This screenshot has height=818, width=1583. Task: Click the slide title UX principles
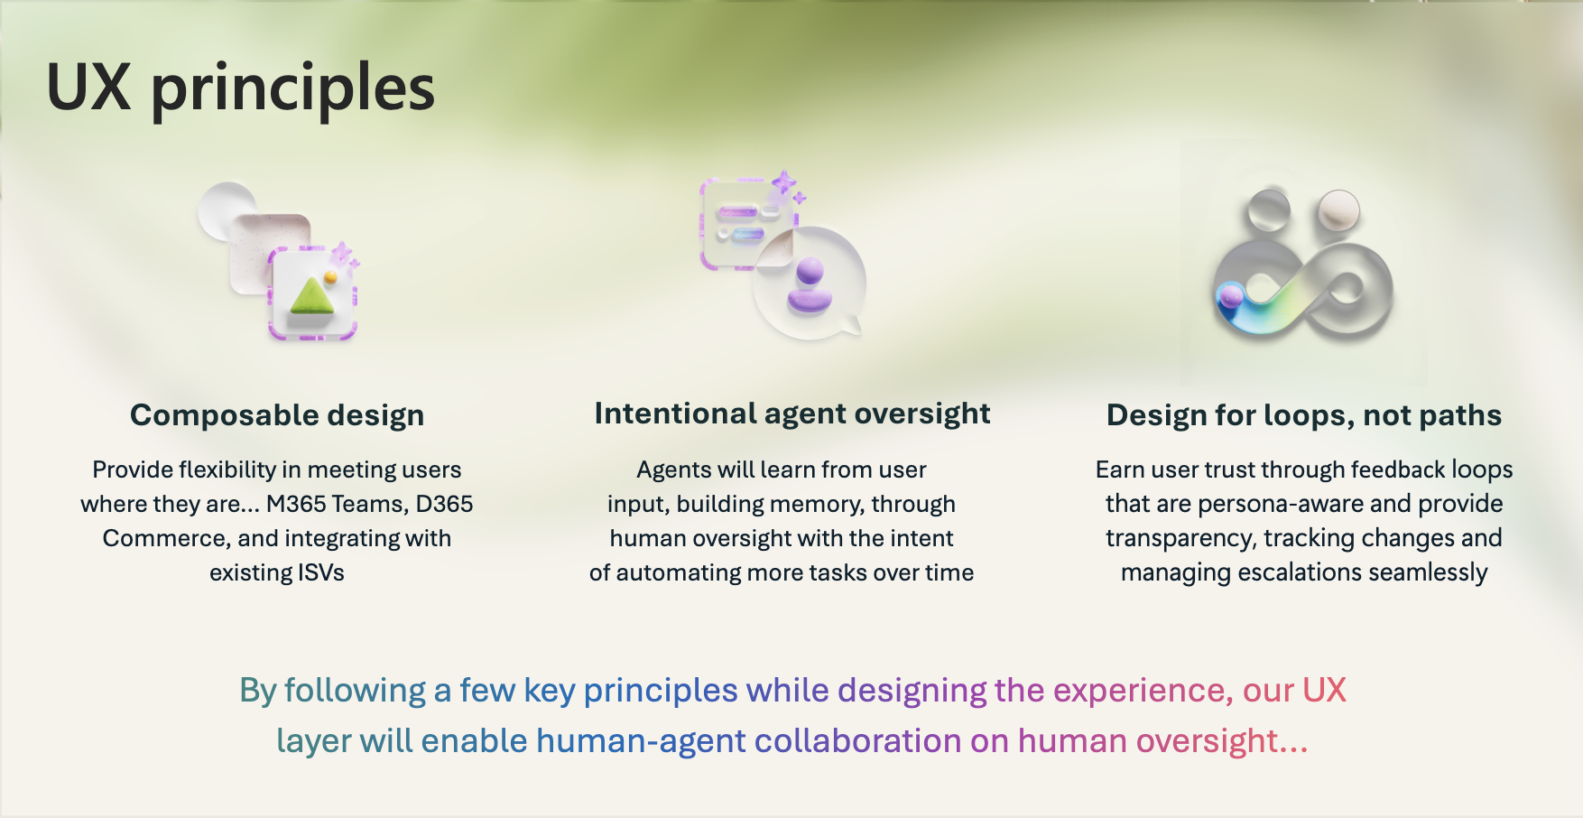click(240, 88)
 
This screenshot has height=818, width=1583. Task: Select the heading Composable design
click(277, 415)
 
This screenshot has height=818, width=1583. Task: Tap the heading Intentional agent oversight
click(792, 414)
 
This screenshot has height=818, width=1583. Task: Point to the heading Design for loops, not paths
click(1304, 415)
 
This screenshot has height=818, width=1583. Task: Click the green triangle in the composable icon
click(312, 296)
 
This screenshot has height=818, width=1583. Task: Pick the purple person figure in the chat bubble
click(810, 285)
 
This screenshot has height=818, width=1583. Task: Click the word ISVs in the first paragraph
click(320, 572)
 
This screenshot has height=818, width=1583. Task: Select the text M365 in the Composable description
click(296, 504)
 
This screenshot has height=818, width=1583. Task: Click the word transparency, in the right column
click(1181, 538)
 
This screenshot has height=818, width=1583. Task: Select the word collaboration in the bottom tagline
click(858, 740)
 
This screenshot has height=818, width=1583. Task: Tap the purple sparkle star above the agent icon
click(783, 182)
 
